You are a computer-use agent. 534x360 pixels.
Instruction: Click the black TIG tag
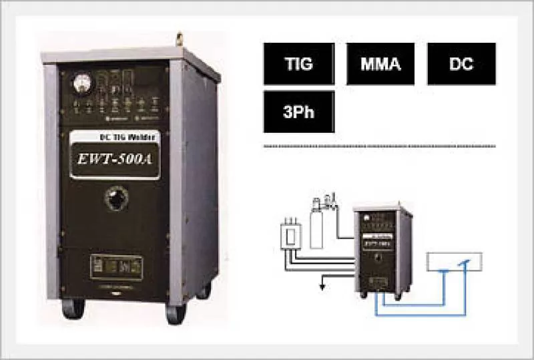298,64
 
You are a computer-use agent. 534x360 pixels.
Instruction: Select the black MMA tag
380,64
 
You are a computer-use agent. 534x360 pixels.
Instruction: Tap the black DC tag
461,64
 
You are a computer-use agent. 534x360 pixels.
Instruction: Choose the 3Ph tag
298,112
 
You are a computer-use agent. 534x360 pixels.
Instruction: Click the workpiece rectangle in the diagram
454,262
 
